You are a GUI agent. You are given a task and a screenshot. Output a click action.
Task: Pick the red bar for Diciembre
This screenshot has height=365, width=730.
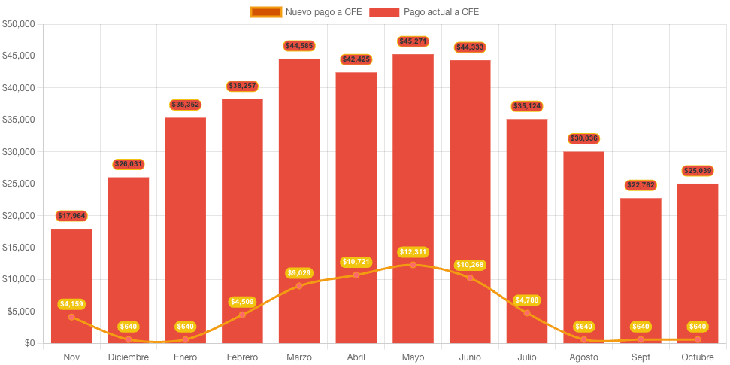point(129,248)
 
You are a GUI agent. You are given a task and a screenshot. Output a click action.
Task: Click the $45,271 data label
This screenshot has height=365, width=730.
point(413,41)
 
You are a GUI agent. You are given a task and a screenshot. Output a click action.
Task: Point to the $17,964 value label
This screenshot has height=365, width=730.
point(71,216)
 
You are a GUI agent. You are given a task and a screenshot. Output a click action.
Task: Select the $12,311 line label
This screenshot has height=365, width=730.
point(413,251)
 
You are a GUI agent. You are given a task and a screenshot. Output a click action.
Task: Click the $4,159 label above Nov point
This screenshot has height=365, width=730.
point(71,304)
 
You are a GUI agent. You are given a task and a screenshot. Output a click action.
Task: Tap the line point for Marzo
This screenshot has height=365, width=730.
point(299,285)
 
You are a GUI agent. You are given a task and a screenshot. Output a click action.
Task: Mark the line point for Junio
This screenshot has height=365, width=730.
point(470,278)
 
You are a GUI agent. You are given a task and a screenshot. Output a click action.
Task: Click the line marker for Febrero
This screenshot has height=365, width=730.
point(242,315)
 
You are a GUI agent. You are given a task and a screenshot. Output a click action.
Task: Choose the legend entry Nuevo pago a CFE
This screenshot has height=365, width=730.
point(306,12)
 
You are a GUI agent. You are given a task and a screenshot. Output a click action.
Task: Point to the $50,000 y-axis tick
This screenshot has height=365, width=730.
point(19,24)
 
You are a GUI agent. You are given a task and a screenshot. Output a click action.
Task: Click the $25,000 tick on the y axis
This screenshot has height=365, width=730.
point(19,184)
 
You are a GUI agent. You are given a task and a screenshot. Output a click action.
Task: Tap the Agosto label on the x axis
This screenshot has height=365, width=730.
point(583,357)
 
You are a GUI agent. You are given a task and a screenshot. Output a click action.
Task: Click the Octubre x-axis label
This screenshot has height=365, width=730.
point(698,357)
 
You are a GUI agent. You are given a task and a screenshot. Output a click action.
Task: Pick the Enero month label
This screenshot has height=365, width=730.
point(185,357)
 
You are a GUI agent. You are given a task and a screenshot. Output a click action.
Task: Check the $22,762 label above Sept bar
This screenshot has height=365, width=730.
point(641,185)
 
